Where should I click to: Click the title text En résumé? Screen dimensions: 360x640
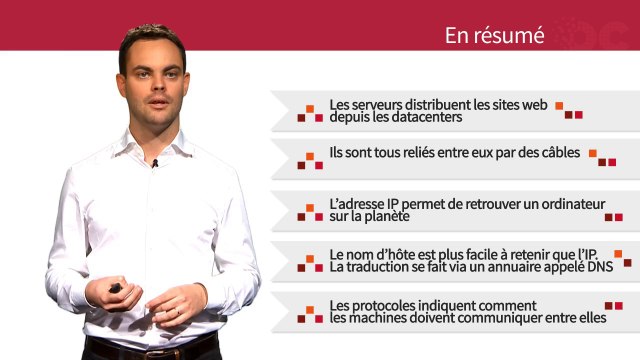click(494, 36)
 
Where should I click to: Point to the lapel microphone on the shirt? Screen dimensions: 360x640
click(155, 162)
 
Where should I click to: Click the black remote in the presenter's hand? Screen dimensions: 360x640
click(116, 289)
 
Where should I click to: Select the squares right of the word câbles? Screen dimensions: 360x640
click(601, 157)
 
